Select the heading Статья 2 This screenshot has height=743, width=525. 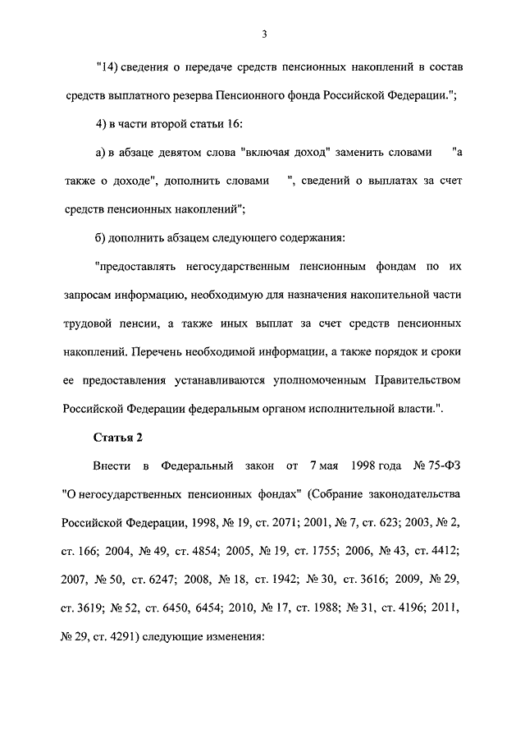coord(119,437)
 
